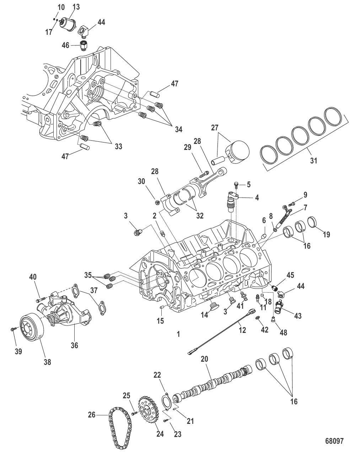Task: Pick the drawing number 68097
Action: [x=334, y=441]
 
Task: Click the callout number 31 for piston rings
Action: [x=313, y=160]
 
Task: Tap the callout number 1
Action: [x=178, y=334]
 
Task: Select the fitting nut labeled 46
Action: [x=84, y=46]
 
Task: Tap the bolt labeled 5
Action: [x=236, y=184]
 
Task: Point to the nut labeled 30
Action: [x=157, y=203]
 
